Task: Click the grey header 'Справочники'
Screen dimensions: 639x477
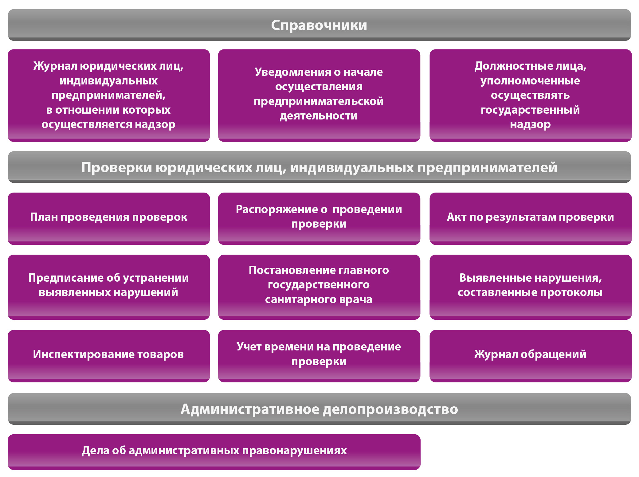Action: (x=319, y=25)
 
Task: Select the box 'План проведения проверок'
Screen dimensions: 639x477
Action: (x=109, y=219)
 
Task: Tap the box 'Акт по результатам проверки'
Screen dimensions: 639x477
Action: (x=531, y=219)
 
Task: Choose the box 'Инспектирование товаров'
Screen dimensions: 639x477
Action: (x=109, y=356)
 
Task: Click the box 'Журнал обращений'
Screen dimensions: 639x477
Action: (x=531, y=356)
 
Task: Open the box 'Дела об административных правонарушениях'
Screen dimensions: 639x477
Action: (x=214, y=452)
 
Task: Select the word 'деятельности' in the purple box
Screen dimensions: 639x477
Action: (x=319, y=116)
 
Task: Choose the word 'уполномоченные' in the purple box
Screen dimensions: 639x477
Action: (x=530, y=81)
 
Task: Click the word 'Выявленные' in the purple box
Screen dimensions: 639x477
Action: (x=493, y=278)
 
